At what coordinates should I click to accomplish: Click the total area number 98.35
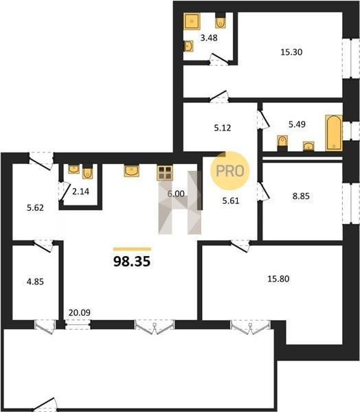pos(132,262)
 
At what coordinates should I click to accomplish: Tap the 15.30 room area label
pos(291,52)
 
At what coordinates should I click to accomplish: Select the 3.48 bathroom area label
pos(209,38)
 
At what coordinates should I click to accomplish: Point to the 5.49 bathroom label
pos(297,124)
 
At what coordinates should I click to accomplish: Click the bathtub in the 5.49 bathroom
pos(334,133)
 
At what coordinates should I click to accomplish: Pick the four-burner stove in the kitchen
pos(165,173)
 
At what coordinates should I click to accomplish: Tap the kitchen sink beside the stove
pos(131,171)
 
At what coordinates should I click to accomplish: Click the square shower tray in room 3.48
pos(192,21)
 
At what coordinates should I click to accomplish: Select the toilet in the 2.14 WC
pos(87,172)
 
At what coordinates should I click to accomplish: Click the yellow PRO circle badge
pos(230,171)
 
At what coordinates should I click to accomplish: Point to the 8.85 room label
pos(301,196)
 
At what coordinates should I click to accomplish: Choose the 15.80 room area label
pos(278,279)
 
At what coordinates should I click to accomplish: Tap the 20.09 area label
pos(80,312)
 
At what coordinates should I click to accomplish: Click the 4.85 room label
pos(35,282)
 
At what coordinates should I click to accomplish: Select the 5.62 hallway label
pos(35,208)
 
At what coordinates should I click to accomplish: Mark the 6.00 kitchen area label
pos(176,194)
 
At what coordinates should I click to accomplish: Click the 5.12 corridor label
pos(223,128)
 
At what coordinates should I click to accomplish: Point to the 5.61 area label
pos(231,201)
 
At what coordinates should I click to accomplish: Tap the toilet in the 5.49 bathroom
pos(282,144)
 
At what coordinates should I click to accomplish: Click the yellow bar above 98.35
pos(132,249)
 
